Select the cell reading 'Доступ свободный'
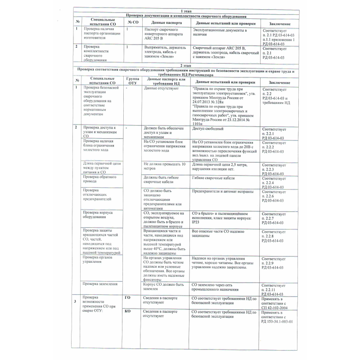(207, 129)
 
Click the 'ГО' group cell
(127, 298)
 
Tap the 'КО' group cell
(127, 311)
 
